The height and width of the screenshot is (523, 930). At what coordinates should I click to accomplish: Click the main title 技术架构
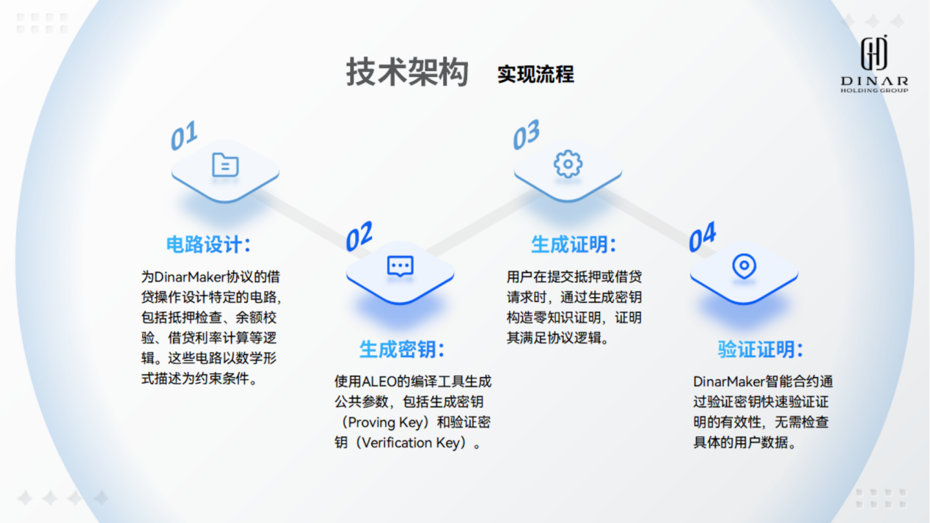407,72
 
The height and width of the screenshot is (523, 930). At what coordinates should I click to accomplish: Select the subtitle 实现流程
535,74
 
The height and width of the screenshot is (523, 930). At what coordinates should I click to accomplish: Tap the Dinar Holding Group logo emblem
874,53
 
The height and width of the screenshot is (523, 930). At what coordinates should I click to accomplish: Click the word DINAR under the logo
874,81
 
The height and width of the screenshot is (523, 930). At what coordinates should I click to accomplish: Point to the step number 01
184,135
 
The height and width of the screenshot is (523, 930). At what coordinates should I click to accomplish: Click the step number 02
359,236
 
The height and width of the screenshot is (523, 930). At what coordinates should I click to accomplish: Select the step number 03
526,134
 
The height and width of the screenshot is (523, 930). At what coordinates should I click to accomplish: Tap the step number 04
703,237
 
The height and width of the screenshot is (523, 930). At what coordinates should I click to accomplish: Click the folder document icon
225,165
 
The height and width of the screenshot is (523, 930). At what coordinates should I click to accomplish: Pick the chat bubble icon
400,266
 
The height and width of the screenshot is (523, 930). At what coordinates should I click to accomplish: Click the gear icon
568,164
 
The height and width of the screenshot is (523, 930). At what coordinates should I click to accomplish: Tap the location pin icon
744,266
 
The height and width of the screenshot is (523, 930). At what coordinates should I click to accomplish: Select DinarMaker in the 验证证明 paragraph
729,381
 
